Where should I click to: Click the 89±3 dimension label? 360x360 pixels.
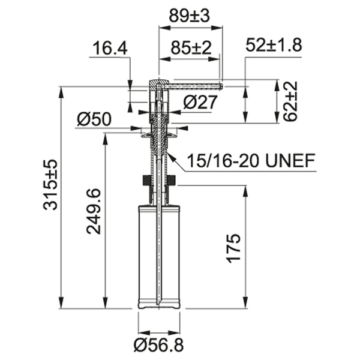coord(189,17)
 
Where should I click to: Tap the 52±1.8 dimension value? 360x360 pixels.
coord(274,45)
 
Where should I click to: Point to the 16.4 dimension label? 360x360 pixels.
coord(110,48)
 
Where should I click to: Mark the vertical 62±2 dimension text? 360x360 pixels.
coord(291,101)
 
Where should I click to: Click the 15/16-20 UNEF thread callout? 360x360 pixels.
coord(251,160)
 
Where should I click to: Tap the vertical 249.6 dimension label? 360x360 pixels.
coord(94,211)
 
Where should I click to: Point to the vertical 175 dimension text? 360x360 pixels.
coord(234,247)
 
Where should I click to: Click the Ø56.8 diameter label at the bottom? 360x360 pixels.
coord(159,346)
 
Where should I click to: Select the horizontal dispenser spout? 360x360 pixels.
coord(195,86)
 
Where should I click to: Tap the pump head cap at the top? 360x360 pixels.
coord(157,83)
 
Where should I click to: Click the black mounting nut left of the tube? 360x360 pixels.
coord(145,179)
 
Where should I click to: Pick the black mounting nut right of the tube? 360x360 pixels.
coord(172,179)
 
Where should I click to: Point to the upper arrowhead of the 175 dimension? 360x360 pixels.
coord(246,191)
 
